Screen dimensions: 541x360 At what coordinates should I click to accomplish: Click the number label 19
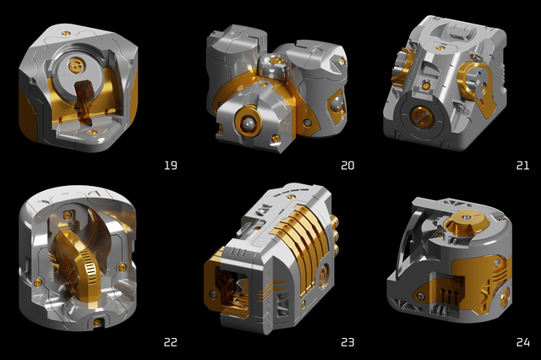[171, 166]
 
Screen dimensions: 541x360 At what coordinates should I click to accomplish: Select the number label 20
[347, 166]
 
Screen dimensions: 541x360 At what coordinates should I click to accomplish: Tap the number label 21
[522, 166]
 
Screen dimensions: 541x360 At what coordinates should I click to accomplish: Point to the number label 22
[171, 342]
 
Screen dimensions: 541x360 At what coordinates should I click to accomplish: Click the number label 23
[347, 342]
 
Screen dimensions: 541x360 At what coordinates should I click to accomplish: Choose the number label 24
[522, 342]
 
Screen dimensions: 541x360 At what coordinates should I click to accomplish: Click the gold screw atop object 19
[66, 34]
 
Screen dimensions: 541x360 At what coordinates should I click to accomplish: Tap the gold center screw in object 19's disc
[75, 64]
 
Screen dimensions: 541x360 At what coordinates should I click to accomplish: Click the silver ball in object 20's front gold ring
[248, 123]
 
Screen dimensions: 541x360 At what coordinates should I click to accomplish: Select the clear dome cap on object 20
[274, 67]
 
